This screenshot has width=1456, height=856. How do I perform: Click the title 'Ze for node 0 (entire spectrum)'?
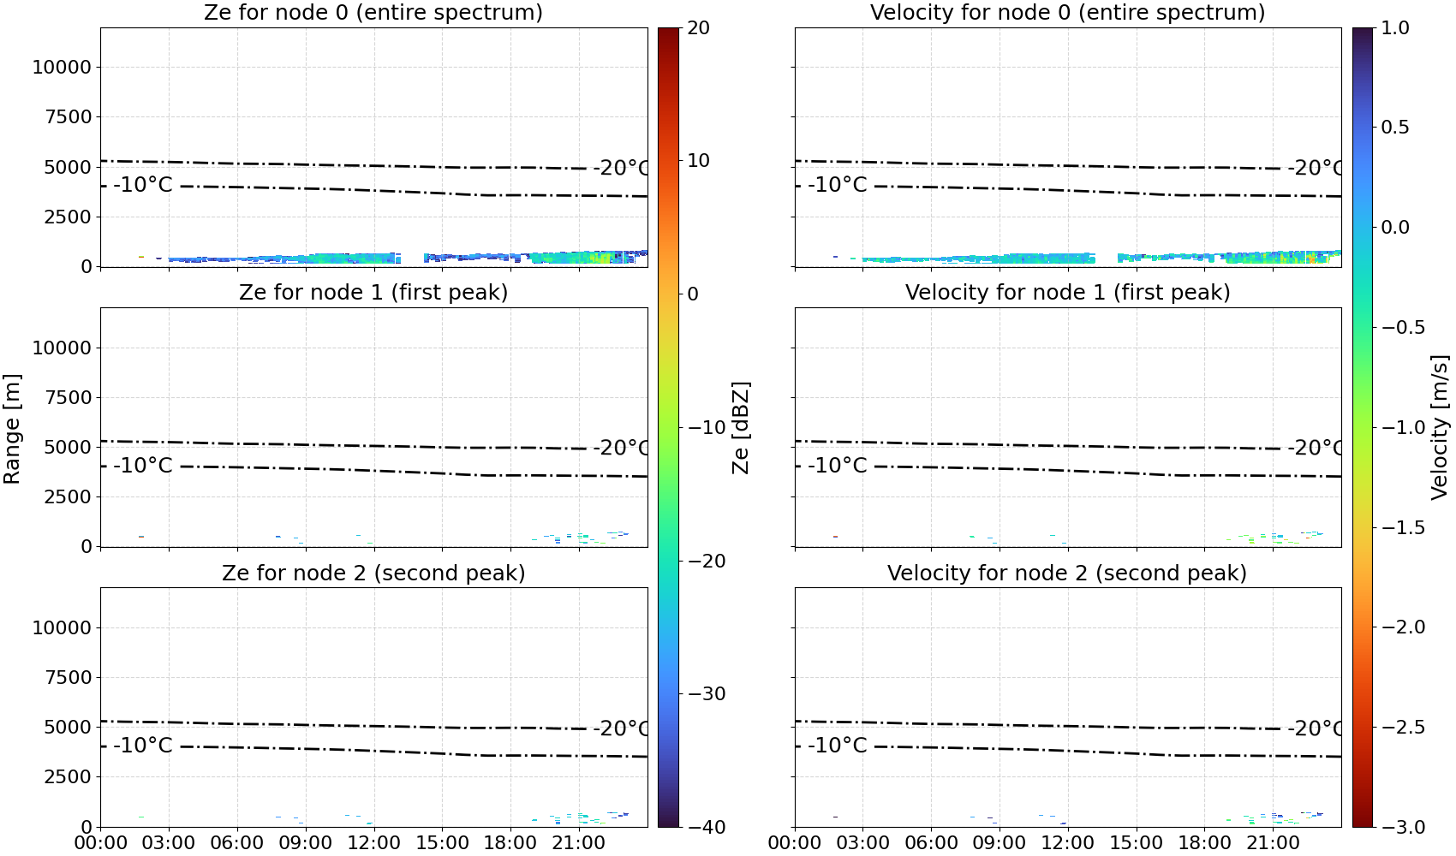tap(373, 12)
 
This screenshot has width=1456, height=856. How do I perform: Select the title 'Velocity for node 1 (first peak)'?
tap(1067, 292)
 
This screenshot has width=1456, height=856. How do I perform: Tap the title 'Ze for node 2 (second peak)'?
tap(373, 573)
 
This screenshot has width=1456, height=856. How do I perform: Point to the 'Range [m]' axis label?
tap(12, 429)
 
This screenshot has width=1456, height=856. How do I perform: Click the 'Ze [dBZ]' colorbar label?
tap(740, 427)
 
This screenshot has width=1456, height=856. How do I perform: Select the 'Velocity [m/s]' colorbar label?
tap(1440, 427)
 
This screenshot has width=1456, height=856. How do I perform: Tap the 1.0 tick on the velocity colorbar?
tap(1395, 28)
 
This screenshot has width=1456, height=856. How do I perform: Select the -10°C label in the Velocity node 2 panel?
tap(838, 745)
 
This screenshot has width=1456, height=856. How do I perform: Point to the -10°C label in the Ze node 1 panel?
tap(143, 465)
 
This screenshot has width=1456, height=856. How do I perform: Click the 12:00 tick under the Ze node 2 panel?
tap(373, 843)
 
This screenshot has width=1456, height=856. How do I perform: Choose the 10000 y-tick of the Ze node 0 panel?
tap(63, 67)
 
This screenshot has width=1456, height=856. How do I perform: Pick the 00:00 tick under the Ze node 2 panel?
tap(101, 843)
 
